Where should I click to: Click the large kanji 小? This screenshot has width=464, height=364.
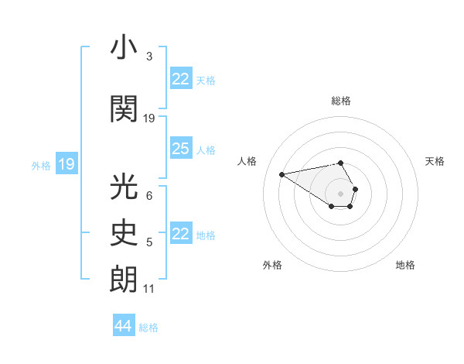pyautogui.click(x=124, y=48)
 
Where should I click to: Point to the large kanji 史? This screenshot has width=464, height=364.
pyautogui.click(x=124, y=233)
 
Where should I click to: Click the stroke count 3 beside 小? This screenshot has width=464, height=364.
pyautogui.click(x=148, y=57)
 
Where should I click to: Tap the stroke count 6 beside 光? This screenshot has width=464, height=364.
pyautogui.click(x=148, y=196)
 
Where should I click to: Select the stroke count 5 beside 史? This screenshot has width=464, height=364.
pyautogui.click(x=148, y=242)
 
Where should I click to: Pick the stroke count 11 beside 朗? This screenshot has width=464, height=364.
pyautogui.click(x=148, y=289)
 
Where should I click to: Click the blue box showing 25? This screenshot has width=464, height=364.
pyautogui.click(x=181, y=149)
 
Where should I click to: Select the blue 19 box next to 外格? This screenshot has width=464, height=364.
pyautogui.click(x=67, y=163)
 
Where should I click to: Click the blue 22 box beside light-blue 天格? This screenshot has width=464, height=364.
pyautogui.click(x=181, y=79)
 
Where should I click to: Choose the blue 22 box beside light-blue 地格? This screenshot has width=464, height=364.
pyautogui.click(x=181, y=234)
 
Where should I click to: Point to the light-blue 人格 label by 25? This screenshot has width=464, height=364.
pyautogui.click(x=206, y=149)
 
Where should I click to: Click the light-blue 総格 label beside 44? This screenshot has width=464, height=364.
pyautogui.click(x=148, y=328)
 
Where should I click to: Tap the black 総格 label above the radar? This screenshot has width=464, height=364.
pyautogui.click(x=341, y=101)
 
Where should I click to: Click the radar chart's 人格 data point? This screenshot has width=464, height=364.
pyautogui.click(x=282, y=173)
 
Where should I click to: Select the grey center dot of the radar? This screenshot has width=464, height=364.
pyautogui.click(x=341, y=193)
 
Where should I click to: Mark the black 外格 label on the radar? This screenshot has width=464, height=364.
pyautogui.click(x=272, y=265)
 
